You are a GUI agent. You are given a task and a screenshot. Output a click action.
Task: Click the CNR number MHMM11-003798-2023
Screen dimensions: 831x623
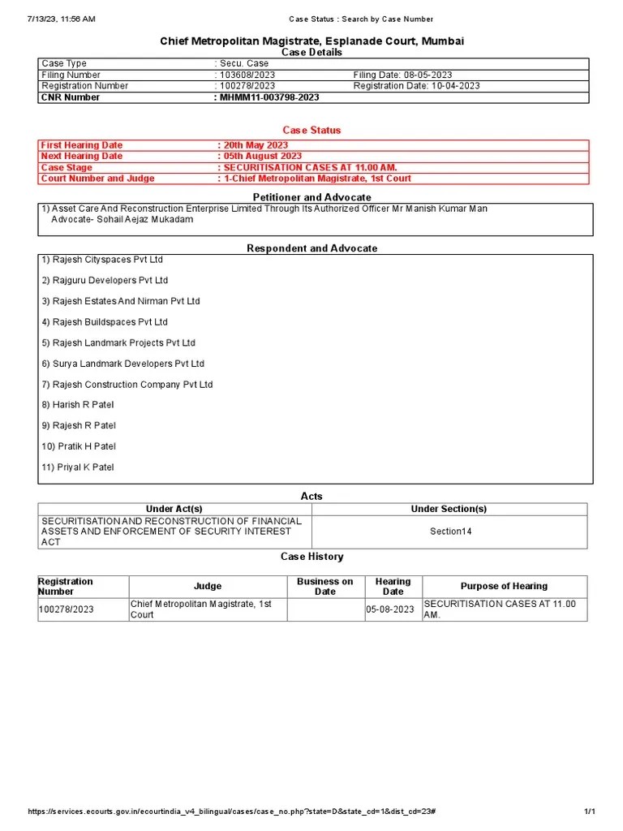(x=269, y=97)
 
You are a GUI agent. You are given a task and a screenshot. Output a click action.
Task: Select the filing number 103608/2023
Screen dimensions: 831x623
(x=247, y=75)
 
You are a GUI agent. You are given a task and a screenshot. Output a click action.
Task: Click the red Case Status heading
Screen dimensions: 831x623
(x=311, y=130)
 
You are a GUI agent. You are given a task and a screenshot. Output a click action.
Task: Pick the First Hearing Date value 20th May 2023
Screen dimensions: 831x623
(x=256, y=145)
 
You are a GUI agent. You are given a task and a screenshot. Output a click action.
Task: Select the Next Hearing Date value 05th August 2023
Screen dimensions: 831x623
(x=262, y=156)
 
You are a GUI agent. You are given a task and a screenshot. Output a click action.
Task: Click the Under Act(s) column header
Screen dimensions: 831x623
(x=174, y=509)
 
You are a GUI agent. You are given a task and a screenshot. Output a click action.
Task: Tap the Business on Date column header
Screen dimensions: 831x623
(x=324, y=587)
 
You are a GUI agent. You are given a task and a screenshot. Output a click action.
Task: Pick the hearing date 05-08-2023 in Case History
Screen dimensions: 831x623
(x=390, y=609)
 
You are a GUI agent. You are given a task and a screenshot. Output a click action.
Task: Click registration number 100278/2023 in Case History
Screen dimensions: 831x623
(x=67, y=609)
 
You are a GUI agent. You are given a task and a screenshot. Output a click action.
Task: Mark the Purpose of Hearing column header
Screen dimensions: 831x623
(x=504, y=587)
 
